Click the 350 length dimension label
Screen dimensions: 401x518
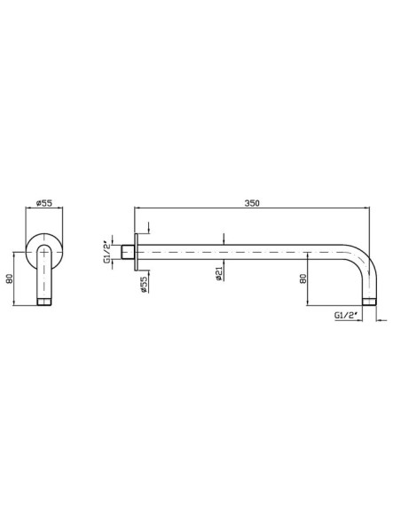pos(252,203)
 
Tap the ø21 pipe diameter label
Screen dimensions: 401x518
pos(218,274)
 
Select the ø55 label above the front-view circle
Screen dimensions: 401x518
pos(44,203)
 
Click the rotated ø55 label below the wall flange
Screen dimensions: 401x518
pos(144,285)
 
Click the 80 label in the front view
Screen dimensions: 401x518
pos(9,279)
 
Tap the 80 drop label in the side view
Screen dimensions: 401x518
pos(303,279)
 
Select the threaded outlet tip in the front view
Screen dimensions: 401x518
pos(44,302)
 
